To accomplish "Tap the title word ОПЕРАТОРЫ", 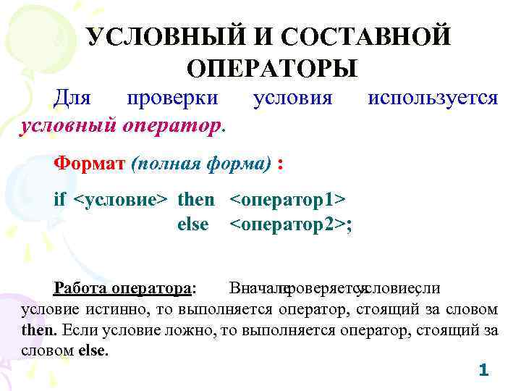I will click(x=271, y=69).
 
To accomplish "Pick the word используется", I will click(x=433, y=97).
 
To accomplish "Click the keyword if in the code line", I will click(x=61, y=198).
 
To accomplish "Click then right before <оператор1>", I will click(x=196, y=198).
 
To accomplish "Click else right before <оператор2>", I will click(x=192, y=224).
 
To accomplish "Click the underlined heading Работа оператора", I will click(x=123, y=288).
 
